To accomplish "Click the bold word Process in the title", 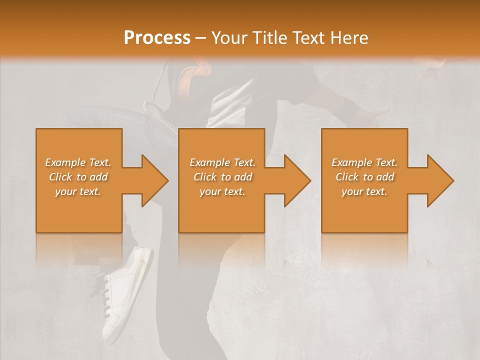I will click(x=157, y=38).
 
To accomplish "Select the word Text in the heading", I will click(x=307, y=38).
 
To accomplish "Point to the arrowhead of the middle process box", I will click(x=297, y=180).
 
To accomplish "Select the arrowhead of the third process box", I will click(x=440, y=180).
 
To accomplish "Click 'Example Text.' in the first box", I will click(x=78, y=162).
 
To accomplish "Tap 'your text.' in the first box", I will click(x=78, y=191).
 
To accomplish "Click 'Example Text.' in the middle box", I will click(x=222, y=162).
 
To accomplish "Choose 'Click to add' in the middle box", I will click(x=222, y=177).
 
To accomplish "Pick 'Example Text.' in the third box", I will click(x=364, y=162).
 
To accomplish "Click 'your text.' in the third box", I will click(x=364, y=191).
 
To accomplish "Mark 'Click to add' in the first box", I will click(x=78, y=177).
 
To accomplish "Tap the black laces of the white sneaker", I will click(x=106, y=295).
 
